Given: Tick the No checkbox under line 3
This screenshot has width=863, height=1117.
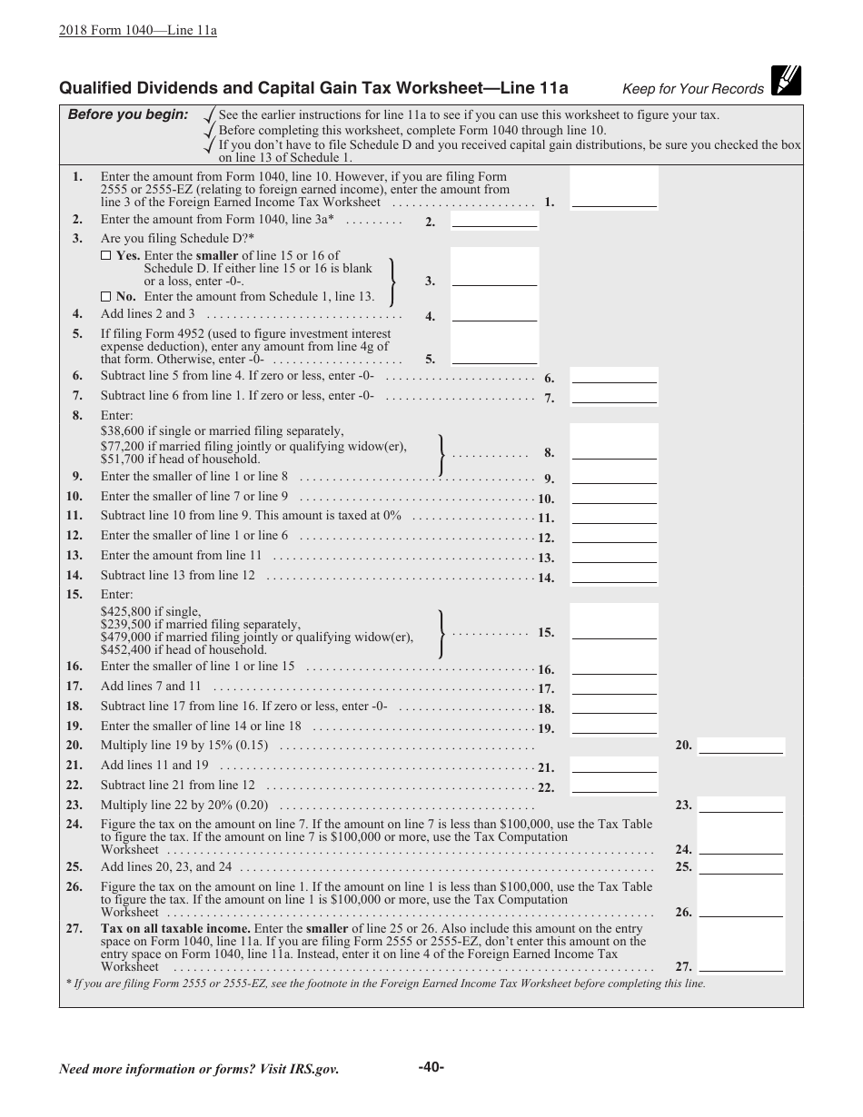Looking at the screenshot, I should pyautogui.click(x=105, y=297).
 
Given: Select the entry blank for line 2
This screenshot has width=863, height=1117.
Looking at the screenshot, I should pyautogui.click(x=494, y=219).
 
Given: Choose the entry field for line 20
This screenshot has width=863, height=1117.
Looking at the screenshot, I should pyautogui.click(x=740, y=745).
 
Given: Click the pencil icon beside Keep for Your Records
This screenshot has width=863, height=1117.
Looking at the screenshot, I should pyautogui.click(x=785, y=82).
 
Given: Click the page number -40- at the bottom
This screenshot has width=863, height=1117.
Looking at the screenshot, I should pyautogui.click(x=431, y=1067).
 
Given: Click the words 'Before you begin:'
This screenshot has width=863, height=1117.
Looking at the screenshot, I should pyautogui.click(x=128, y=114).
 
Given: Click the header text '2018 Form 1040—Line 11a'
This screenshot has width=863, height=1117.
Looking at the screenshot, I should pyautogui.click(x=137, y=30).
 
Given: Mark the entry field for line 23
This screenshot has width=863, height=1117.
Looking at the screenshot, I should pyautogui.click(x=740, y=805).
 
